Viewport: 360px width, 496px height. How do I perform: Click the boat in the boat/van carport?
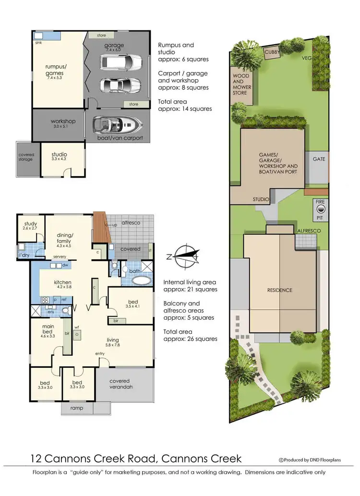tap(116, 126)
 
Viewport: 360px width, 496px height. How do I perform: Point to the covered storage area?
tap(26, 157)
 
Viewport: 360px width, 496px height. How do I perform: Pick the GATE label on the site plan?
tap(319, 159)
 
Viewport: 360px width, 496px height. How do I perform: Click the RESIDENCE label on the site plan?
tap(279, 290)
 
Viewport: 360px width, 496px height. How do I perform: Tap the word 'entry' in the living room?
tap(100, 354)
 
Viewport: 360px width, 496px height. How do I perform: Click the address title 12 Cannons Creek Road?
tap(136, 459)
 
